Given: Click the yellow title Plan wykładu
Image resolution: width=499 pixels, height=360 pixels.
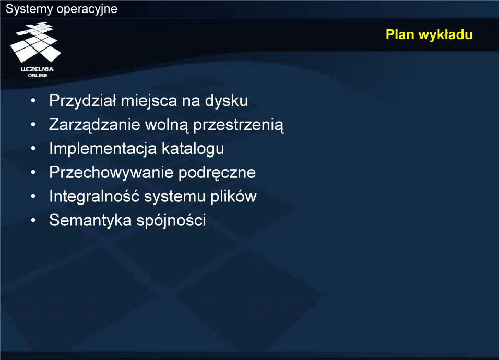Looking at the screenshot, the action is (x=429, y=34).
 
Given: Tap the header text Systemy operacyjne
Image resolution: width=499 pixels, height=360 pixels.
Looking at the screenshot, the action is (x=62, y=9).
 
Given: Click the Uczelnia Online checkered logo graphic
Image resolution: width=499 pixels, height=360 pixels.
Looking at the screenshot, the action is (x=35, y=42).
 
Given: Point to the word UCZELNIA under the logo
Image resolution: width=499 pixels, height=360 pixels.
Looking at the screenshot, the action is (x=38, y=69).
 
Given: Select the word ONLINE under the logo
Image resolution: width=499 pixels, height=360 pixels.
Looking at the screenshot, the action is (x=38, y=75).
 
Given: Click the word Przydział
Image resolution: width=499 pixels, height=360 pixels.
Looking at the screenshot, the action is (x=83, y=101).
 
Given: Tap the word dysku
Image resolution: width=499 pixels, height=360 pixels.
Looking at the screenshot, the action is (x=226, y=101).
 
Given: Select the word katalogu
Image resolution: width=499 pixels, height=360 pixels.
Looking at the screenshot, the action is (x=193, y=149).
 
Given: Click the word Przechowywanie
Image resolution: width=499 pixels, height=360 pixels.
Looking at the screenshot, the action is (x=111, y=173).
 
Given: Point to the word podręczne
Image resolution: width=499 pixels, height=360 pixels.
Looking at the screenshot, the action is (x=217, y=173).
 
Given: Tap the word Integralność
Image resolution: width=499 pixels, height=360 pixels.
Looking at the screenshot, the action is (x=94, y=196).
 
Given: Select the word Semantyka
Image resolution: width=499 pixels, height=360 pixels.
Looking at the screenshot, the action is (x=90, y=220).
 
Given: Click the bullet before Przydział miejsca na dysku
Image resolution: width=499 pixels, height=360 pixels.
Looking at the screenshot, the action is (x=33, y=101).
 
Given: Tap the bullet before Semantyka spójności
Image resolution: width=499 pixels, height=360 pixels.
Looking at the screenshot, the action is (x=33, y=220).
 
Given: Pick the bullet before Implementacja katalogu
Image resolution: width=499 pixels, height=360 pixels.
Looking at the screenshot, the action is (x=33, y=149).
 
